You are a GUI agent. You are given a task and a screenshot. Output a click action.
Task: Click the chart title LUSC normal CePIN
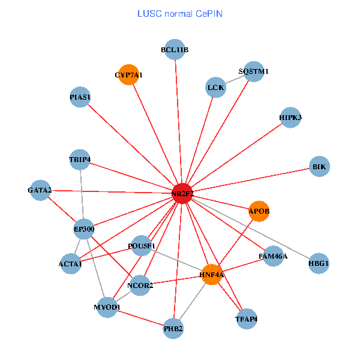180,13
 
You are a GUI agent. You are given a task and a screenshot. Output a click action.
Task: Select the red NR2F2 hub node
182,193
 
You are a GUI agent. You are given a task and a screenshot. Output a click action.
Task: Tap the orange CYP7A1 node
129,75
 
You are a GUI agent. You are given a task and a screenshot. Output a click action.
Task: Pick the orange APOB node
259,211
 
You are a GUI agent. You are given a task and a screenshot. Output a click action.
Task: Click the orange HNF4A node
211,275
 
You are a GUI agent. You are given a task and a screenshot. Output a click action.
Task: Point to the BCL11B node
175,50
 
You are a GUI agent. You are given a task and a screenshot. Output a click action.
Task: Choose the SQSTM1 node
253,71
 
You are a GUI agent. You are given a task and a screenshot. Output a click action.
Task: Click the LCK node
215,88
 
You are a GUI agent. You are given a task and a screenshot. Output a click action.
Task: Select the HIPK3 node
290,118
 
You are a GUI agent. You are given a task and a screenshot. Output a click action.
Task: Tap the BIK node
320,166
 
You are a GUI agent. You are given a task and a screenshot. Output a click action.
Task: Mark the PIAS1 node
80,97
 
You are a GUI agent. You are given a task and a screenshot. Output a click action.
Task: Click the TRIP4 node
80,160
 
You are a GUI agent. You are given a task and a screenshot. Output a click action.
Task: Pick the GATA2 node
40,190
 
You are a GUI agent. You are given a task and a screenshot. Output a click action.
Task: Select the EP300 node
84,229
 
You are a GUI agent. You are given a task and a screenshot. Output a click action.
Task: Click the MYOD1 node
107,307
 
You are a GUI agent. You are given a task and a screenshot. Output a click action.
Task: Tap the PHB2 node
173,328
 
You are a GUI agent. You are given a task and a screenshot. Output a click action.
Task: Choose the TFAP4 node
246,319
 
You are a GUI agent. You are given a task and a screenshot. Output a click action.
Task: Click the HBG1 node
319,263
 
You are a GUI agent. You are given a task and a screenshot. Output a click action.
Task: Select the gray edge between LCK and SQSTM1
235,79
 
